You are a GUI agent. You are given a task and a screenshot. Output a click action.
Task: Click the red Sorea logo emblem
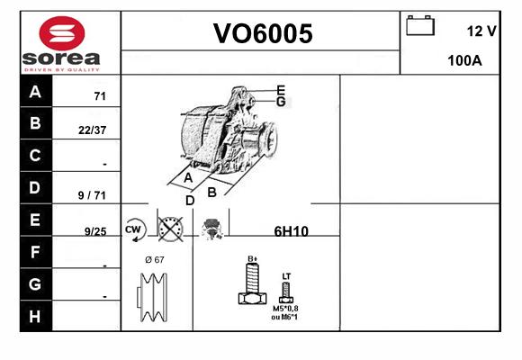coord(62,33)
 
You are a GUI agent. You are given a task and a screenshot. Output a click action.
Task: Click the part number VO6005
coord(263,33)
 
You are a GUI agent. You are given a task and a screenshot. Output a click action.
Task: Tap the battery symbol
coord(420,25)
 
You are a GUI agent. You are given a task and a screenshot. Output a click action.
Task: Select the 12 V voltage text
coord(481,31)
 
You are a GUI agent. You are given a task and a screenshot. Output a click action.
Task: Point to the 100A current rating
coord(464,60)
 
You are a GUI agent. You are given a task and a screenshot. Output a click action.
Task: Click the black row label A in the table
coord(36,91)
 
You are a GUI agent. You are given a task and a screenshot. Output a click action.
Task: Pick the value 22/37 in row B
coord(92,130)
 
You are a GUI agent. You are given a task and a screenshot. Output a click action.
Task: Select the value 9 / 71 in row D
coord(92,195)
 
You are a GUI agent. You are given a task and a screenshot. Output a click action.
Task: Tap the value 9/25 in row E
coord(95,231)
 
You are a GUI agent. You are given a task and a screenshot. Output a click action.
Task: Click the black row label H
coord(36,316)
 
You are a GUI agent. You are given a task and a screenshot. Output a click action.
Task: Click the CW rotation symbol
coord(134,229)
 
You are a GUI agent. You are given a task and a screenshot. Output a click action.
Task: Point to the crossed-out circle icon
coord(170,229)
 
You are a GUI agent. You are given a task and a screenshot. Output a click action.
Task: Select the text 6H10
coord(292,231)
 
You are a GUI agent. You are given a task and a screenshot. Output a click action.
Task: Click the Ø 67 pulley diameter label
coord(155,259)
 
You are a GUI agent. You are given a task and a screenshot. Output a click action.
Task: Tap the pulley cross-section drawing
coord(152,297)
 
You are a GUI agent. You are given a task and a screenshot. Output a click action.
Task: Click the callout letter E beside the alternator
coord(281,90)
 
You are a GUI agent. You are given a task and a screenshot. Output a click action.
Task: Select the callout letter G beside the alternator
coord(281,101)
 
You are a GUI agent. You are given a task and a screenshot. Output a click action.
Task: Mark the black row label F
coord(36,252)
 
